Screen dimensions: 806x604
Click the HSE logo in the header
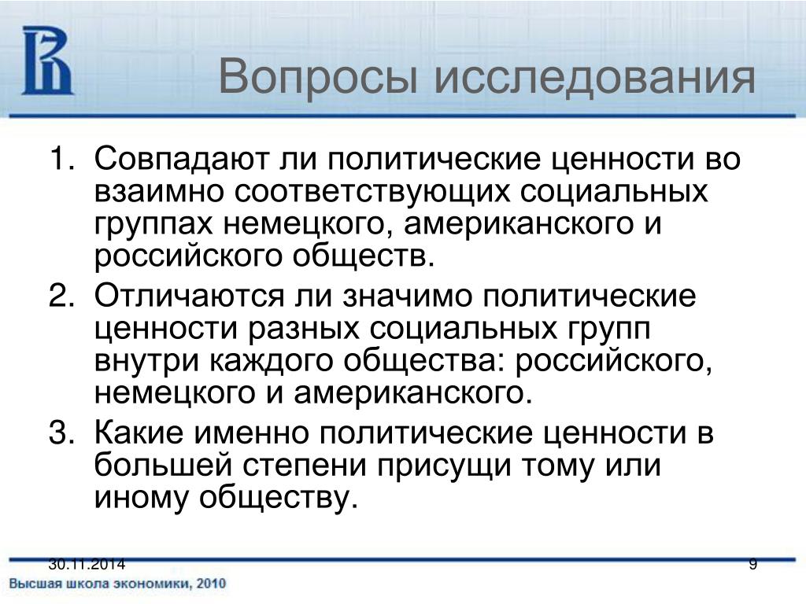pos(47,61)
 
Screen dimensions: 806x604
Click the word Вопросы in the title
pos(318,77)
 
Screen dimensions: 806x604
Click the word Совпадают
pos(182,158)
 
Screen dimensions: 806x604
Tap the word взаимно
pos(159,192)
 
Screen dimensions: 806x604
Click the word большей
pos(163,466)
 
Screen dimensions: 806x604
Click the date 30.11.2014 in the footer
pos(87,565)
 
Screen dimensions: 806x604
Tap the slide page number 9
pos(753,565)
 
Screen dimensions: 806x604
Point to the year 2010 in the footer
pos(211,584)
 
